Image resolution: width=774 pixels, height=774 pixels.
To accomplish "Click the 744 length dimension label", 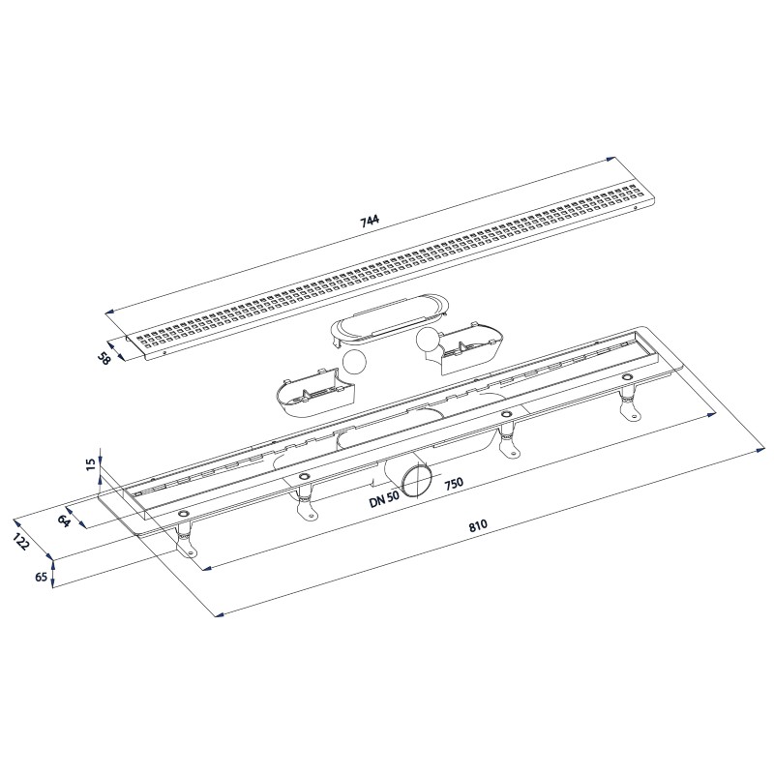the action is pos(371,220).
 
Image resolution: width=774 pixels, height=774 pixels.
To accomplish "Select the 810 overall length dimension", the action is pos(478,525).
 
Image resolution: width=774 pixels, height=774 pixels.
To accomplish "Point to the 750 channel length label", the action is pos(454,482).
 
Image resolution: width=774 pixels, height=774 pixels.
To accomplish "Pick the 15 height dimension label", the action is pos(91,463).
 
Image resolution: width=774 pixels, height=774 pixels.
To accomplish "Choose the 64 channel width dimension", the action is pos(64,520).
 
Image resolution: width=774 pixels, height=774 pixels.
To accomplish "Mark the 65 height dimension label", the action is pos(42,577).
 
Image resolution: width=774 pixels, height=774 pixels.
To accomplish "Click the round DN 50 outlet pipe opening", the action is pos(416,480).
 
